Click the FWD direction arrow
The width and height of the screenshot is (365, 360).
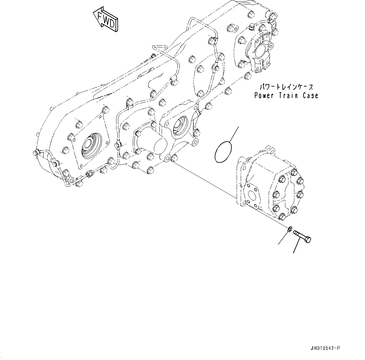pyautogui.click(x=105, y=19)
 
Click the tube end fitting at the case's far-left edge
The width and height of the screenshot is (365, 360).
pyautogui.click(x=35, y=152)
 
